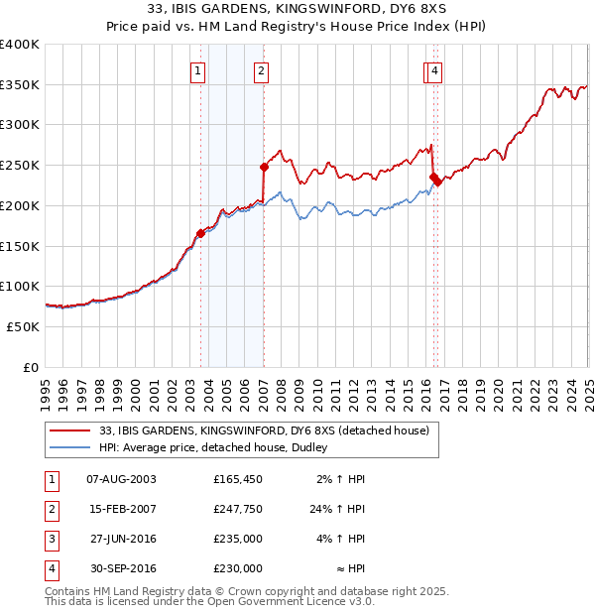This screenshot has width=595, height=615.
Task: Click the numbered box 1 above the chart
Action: click(199, 70)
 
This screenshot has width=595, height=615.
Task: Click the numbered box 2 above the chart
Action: click(260, 70)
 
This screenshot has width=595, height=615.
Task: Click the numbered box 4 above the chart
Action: click(434, 70)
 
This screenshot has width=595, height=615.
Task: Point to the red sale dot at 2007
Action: click(264, 167)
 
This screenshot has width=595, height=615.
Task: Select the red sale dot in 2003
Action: click(200, 233)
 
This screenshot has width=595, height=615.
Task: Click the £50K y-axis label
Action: click(24, 326)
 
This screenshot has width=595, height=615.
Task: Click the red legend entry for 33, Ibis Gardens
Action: click(263, 430)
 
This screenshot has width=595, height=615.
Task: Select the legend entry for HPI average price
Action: click(219, 447)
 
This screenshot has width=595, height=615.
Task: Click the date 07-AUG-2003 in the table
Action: click(122, 479)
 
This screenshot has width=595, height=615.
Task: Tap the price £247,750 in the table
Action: click(238, 510)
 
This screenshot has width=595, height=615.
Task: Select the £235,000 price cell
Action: click(238, 539)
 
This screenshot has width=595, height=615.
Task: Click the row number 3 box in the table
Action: click(51, 540)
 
